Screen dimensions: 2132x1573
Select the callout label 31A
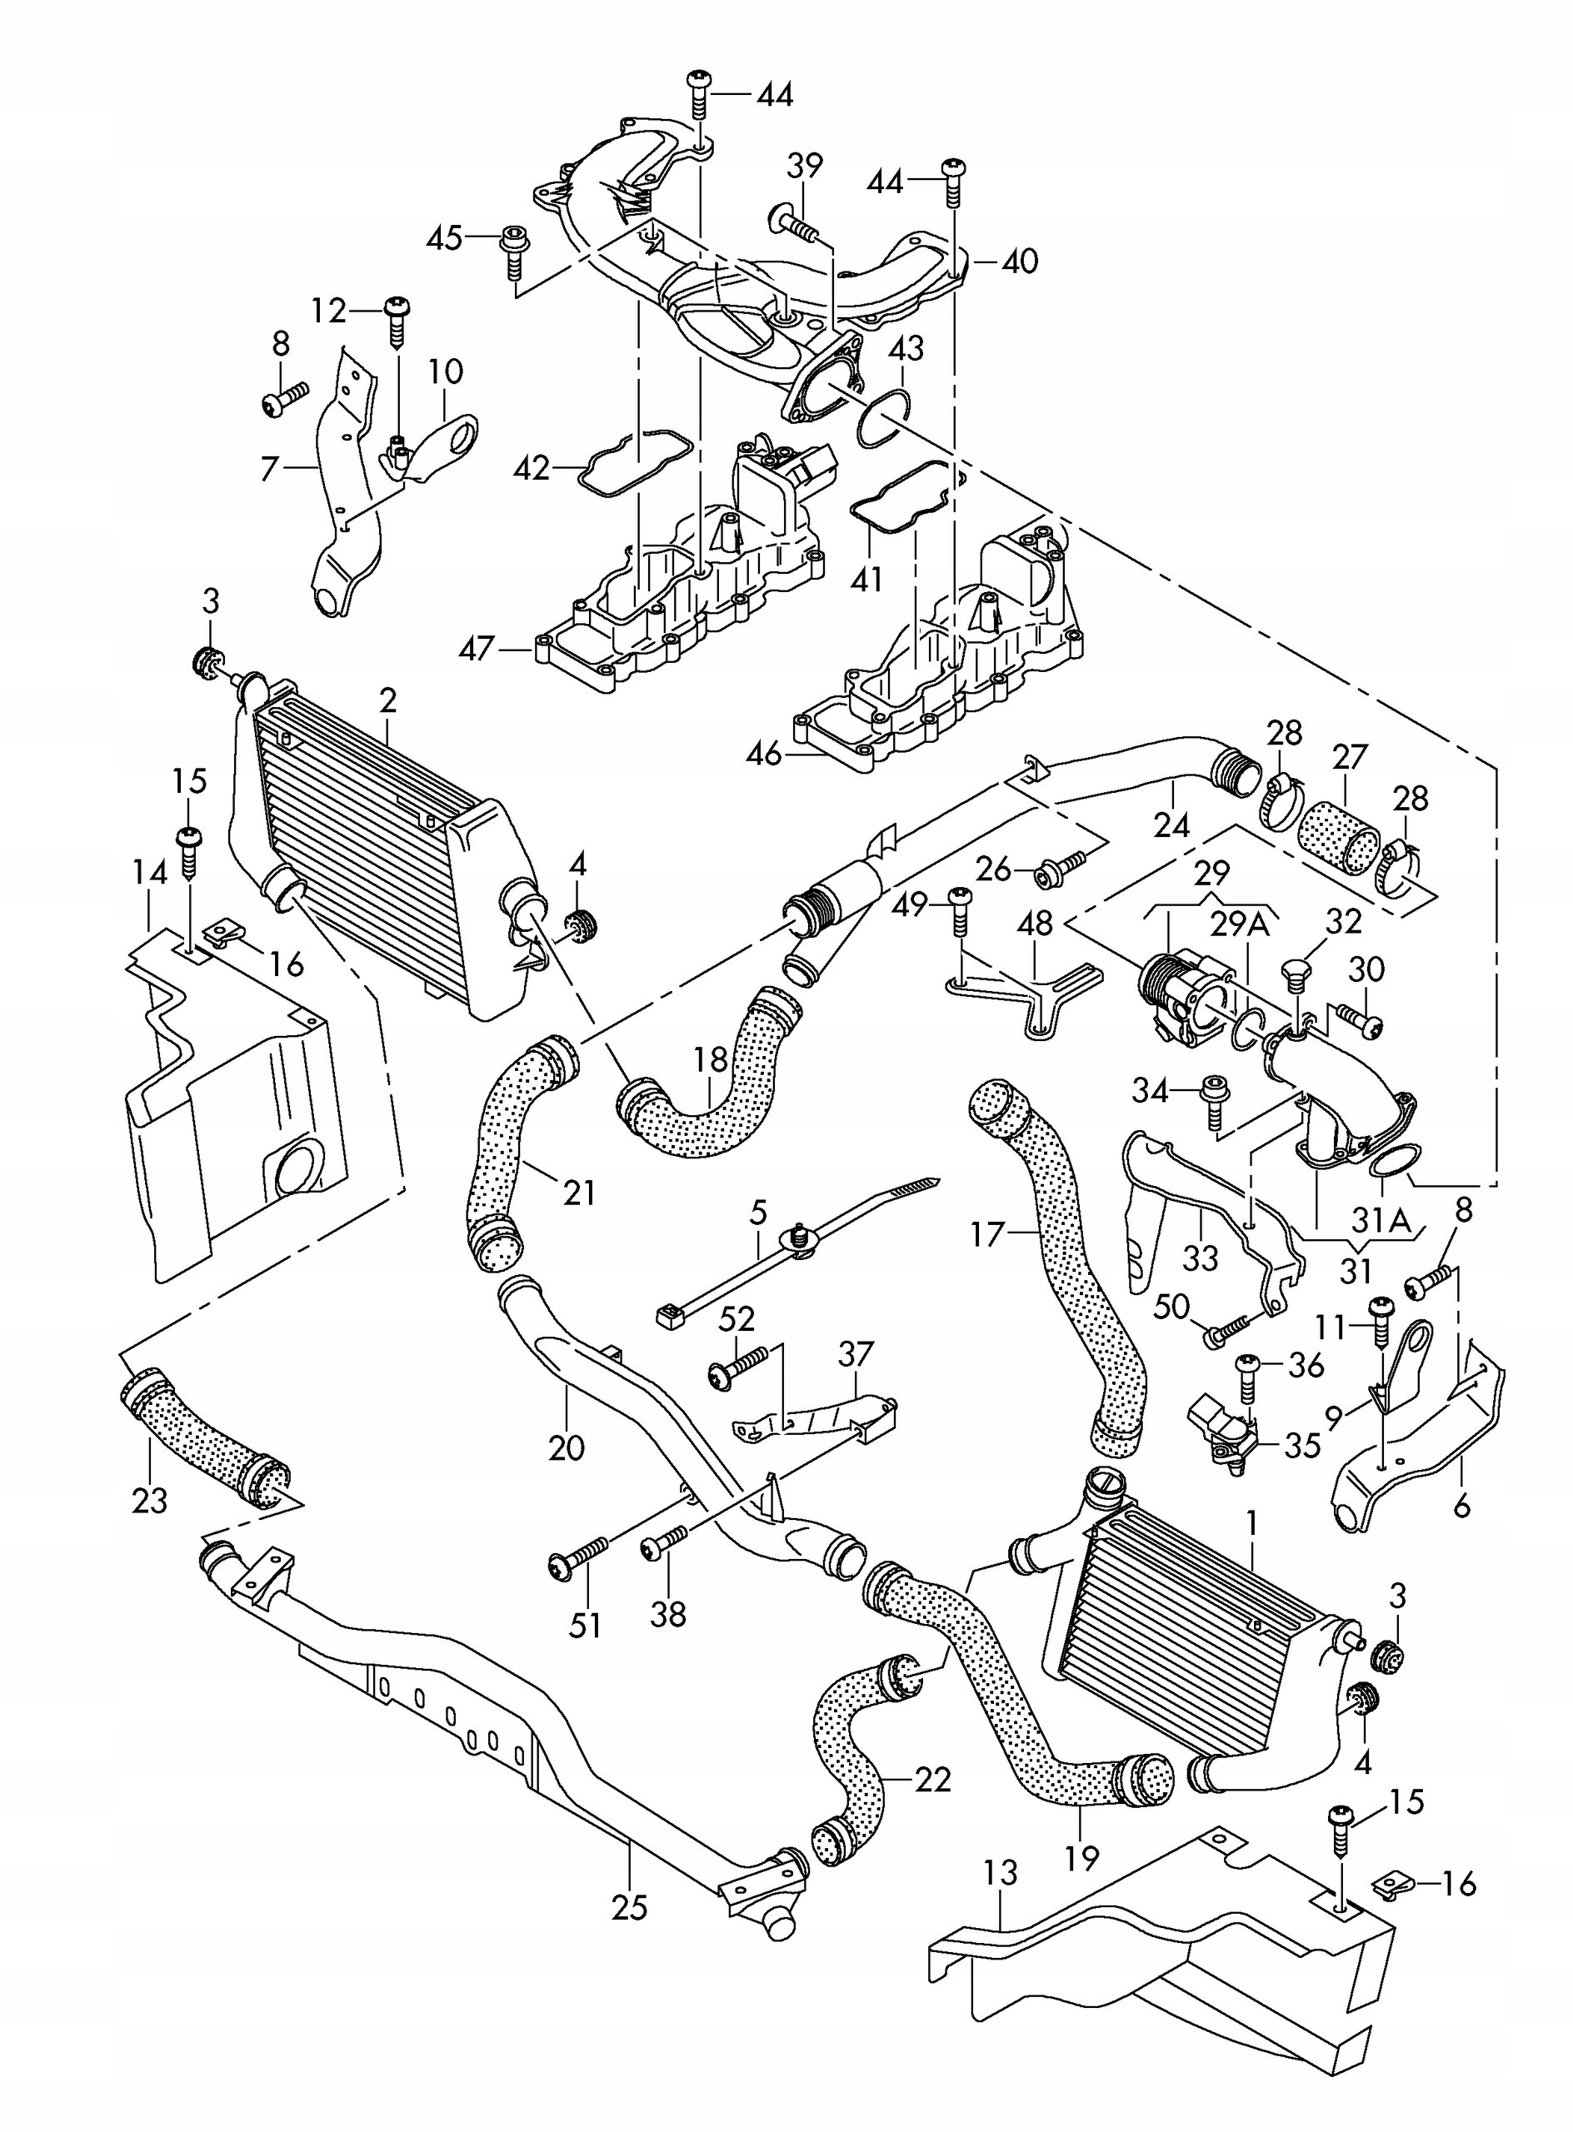[x=1381, y=1220]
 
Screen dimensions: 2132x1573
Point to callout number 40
[x=1020, y=261]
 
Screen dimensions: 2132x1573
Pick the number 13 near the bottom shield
[x=1000, y=1872]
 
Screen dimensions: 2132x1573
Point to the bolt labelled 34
[x=1213, y=1099]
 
